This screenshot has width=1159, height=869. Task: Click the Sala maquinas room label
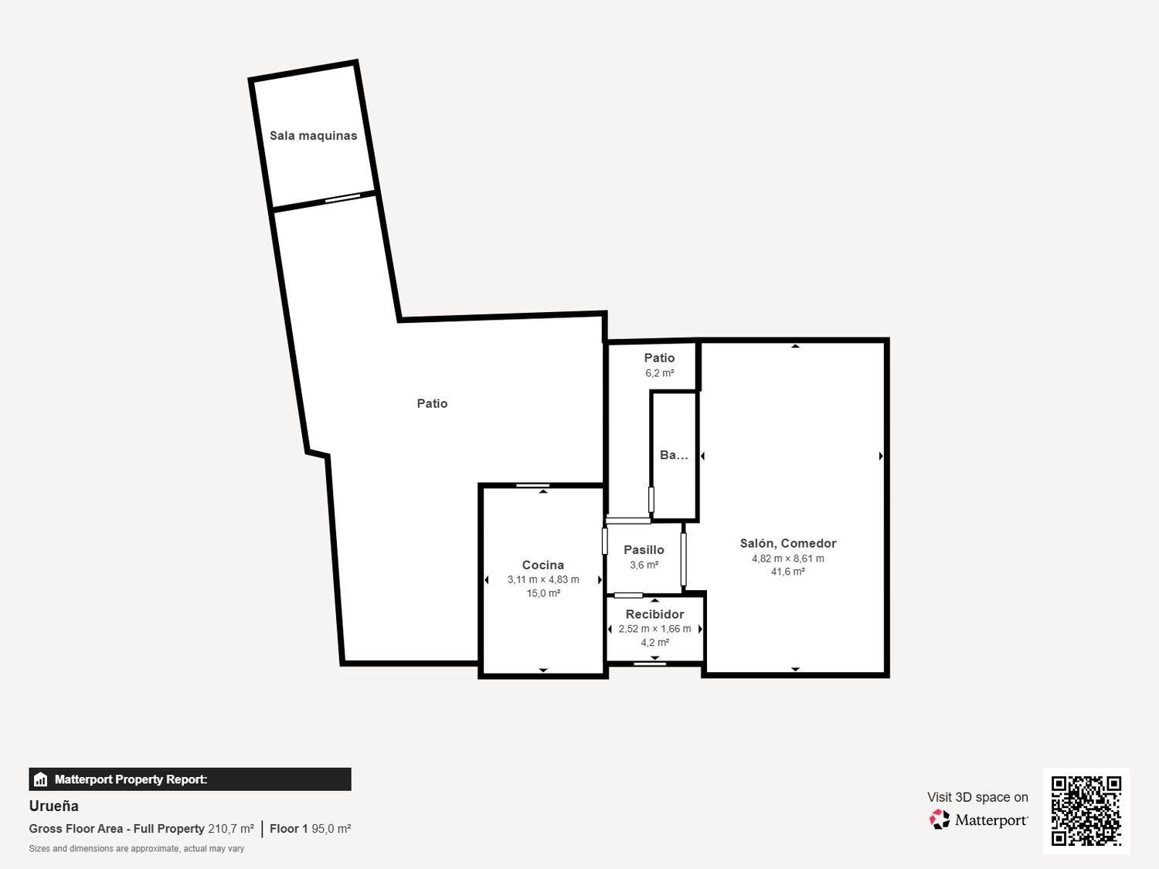pyautogui.click(x=313, y=136)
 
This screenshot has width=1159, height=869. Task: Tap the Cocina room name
pyautogui.click(x=543, y=565)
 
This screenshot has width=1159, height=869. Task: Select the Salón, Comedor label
pyautogui.click(x=788, y=544)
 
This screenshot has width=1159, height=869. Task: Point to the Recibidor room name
pyautogui.click(x=654, y=614)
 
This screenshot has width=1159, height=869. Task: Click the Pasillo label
pyautogui.click(x=644, y=550)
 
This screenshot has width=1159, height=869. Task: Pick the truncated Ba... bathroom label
pyautogui.click(x=675, y=455)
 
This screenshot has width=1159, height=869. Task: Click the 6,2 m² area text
pyautogui.click(x=660, y=373)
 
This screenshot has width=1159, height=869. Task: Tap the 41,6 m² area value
pyautogui.click(x=788, y=572)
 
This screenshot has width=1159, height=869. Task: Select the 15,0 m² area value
pyautogui.click(x=543, y=593)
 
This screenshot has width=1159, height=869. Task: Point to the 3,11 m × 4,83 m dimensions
pyautogui.click(x=543, y=579)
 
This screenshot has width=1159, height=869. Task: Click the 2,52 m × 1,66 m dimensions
pyautogui.click(x=654, y=629)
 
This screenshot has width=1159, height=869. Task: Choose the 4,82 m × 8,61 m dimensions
pyautogui.click(x=788, y=558)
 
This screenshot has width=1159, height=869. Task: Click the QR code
pyautogui.click(x=1086, y=811)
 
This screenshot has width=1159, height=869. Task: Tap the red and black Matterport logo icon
pyautogui.click(x=940, y=820)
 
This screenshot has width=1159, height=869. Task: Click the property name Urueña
pyautogui.click(x=54, y=806)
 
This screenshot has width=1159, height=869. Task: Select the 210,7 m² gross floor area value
pyautogui.click(x=231, y=829)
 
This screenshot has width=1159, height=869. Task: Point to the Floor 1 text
pyautogui.click(x=288, y=829)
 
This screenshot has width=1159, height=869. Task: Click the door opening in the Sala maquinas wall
pyautogui.click(x=342, y=198)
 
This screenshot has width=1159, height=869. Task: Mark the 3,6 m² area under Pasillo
pyautogui.click(x=644, y=565)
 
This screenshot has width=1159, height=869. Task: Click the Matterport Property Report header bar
pyautogui.click(x=190, y=779)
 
